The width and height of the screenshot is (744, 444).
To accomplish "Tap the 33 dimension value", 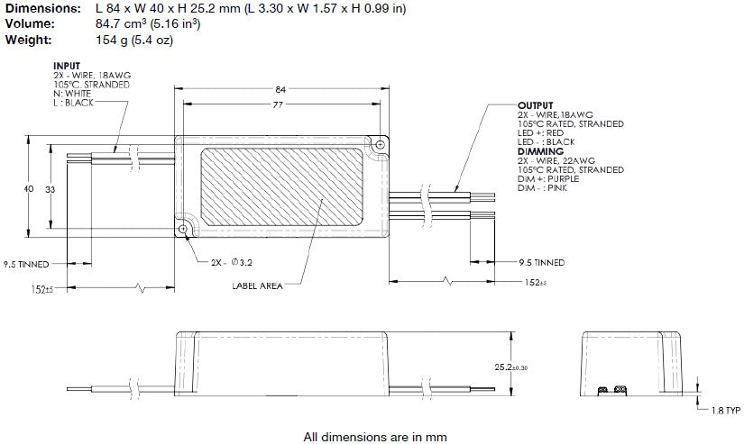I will coord(50,190).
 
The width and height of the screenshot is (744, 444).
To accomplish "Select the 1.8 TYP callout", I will coord(724,410).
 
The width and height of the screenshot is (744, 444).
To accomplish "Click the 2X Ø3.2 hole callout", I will coord(232,263).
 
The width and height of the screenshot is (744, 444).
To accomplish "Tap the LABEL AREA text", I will coord(257,285).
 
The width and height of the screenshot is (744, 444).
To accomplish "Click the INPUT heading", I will coord(67,66).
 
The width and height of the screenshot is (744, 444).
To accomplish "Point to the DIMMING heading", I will coord(538,151).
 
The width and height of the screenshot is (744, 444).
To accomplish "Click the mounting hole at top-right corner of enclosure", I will coord(381,144).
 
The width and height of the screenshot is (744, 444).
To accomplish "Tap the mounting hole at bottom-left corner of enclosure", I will coord(184,230).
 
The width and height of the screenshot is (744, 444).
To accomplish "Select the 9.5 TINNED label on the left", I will coord(28,264).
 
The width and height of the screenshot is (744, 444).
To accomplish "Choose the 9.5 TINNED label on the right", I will coord(542,263).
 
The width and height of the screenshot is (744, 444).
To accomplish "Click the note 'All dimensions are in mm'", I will coord(375,437).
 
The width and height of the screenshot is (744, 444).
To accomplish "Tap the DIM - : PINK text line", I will coord(548,187).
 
